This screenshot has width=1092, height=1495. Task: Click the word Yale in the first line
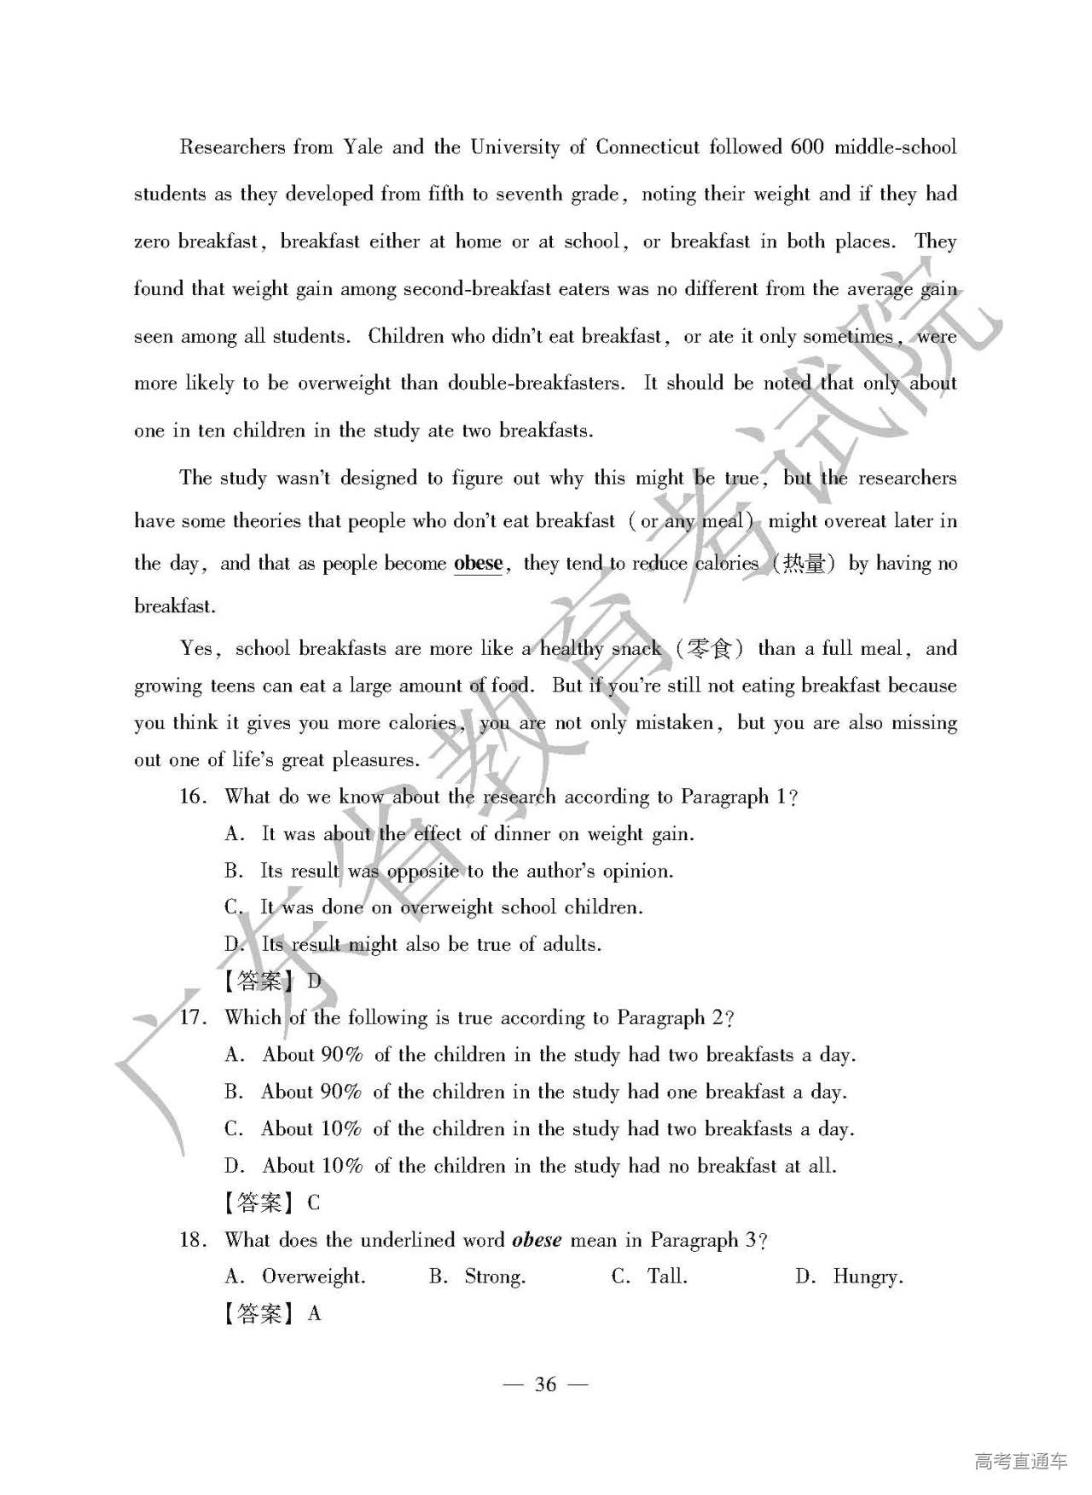tap(363, 148)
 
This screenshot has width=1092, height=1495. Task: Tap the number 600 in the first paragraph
tap(806, 147)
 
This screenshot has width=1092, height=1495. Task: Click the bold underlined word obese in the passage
tap(478, 564)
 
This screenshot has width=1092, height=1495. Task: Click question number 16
tap(192, 797)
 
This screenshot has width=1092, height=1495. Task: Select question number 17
tap(193, 1017)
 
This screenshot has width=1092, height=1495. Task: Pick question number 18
tap(193, 1240)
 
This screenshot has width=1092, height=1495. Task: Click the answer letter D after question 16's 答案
tap(314, 981)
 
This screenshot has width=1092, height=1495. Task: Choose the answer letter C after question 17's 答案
tap(314, 1202)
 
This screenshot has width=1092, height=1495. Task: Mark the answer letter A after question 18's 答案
tap(314, 1313)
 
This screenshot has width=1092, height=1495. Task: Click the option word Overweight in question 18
tap(313, 1277)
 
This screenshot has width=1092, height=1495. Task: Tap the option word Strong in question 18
tap(495, 1277)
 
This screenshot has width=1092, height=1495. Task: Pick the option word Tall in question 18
tap(666, 1277)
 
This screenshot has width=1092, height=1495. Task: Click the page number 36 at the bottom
tap(545, 1384)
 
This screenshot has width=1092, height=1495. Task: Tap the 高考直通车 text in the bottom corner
tap(1020, 1461)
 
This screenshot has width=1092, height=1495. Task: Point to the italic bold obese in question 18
tap(537, 1240)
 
